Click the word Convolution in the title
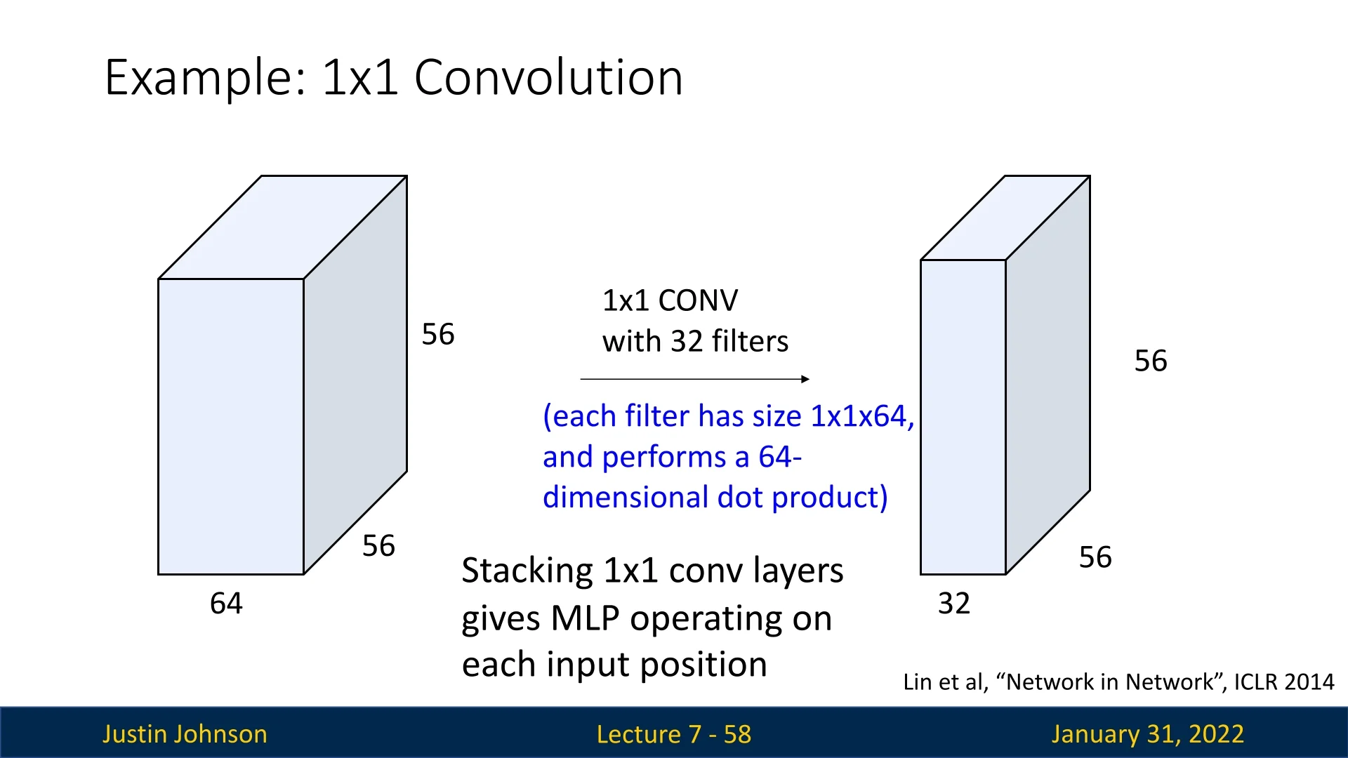(548, 77)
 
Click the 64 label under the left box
(226, 604)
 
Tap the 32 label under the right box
(954, 604)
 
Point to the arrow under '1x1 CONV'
(695, 379)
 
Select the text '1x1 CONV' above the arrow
(670, 300)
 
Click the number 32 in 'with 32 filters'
(687, 341)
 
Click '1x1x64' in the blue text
(859, 416)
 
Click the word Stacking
(527, 571)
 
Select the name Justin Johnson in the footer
(185, 734)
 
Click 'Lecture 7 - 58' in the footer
(674, 734)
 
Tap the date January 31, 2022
(1148, 734)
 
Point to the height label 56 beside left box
(438, 334)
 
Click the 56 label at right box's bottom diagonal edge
(1095, 557)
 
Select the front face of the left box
(231, 427)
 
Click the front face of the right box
(963, 417)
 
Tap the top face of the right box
(1005, 218)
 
